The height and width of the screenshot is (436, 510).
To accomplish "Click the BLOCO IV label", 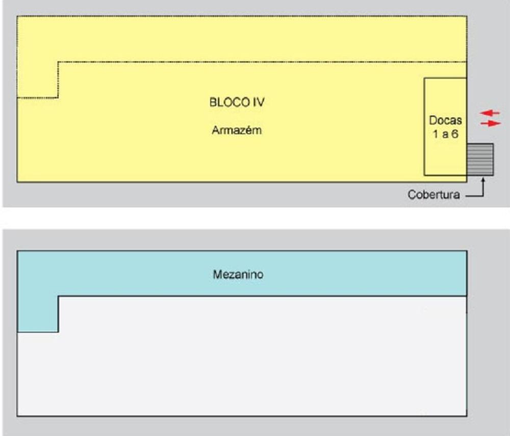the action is [x=237, y=102].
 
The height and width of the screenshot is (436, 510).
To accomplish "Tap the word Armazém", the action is [x=237, y=130].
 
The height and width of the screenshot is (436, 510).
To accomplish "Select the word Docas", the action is [x=445, y=120].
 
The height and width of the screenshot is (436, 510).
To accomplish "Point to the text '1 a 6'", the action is [x=445, y=134].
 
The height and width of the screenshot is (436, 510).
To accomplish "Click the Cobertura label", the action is [x=433, y=195].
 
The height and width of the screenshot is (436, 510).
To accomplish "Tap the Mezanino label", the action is [x=238, y=275].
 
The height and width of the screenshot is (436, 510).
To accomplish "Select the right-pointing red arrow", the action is [x=491, y=124].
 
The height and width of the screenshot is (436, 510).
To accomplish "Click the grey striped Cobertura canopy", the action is [x=480, y=160].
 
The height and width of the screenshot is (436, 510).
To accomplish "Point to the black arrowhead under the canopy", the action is [x=483, y=180].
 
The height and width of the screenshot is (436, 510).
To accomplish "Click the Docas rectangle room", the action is [x=445, y=127].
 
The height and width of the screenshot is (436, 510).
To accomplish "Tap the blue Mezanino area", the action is [x=242, y=274].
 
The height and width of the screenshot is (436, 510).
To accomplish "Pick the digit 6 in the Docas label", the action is [x=455, y=134].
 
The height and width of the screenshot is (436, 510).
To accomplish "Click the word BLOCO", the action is [x=229, y=102].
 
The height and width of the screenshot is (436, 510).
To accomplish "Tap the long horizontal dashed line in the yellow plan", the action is [x=263, y=62].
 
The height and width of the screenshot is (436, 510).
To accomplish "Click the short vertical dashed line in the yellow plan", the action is [x=58, y=80].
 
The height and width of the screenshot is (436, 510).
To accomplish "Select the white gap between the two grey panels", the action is [x=255, y=218].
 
